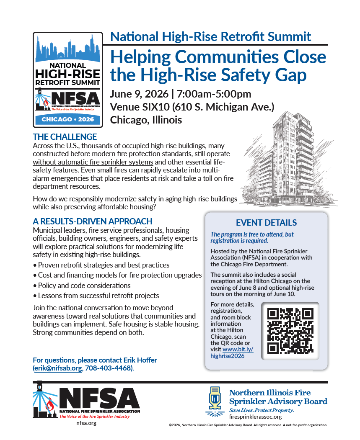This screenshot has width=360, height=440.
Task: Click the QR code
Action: coord(290,331)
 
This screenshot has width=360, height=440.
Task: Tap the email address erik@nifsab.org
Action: coord(58,368)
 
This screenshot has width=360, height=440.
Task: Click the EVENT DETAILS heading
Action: coord(266,223)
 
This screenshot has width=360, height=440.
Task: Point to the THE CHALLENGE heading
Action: coord(65,137)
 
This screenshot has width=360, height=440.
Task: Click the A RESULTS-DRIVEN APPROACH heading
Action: coord(93,221)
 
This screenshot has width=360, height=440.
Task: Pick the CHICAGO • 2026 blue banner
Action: coord(67,120)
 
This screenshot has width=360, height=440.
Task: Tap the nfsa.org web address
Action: coord(86,423)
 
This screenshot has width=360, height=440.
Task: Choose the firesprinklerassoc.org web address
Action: coord(255,417)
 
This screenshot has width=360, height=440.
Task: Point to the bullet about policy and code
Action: coord(84,286)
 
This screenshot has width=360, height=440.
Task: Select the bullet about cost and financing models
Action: coord(119,275)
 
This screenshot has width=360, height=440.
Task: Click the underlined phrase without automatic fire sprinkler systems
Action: coord(93,162)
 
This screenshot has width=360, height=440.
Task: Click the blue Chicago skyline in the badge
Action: coord(67,50)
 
